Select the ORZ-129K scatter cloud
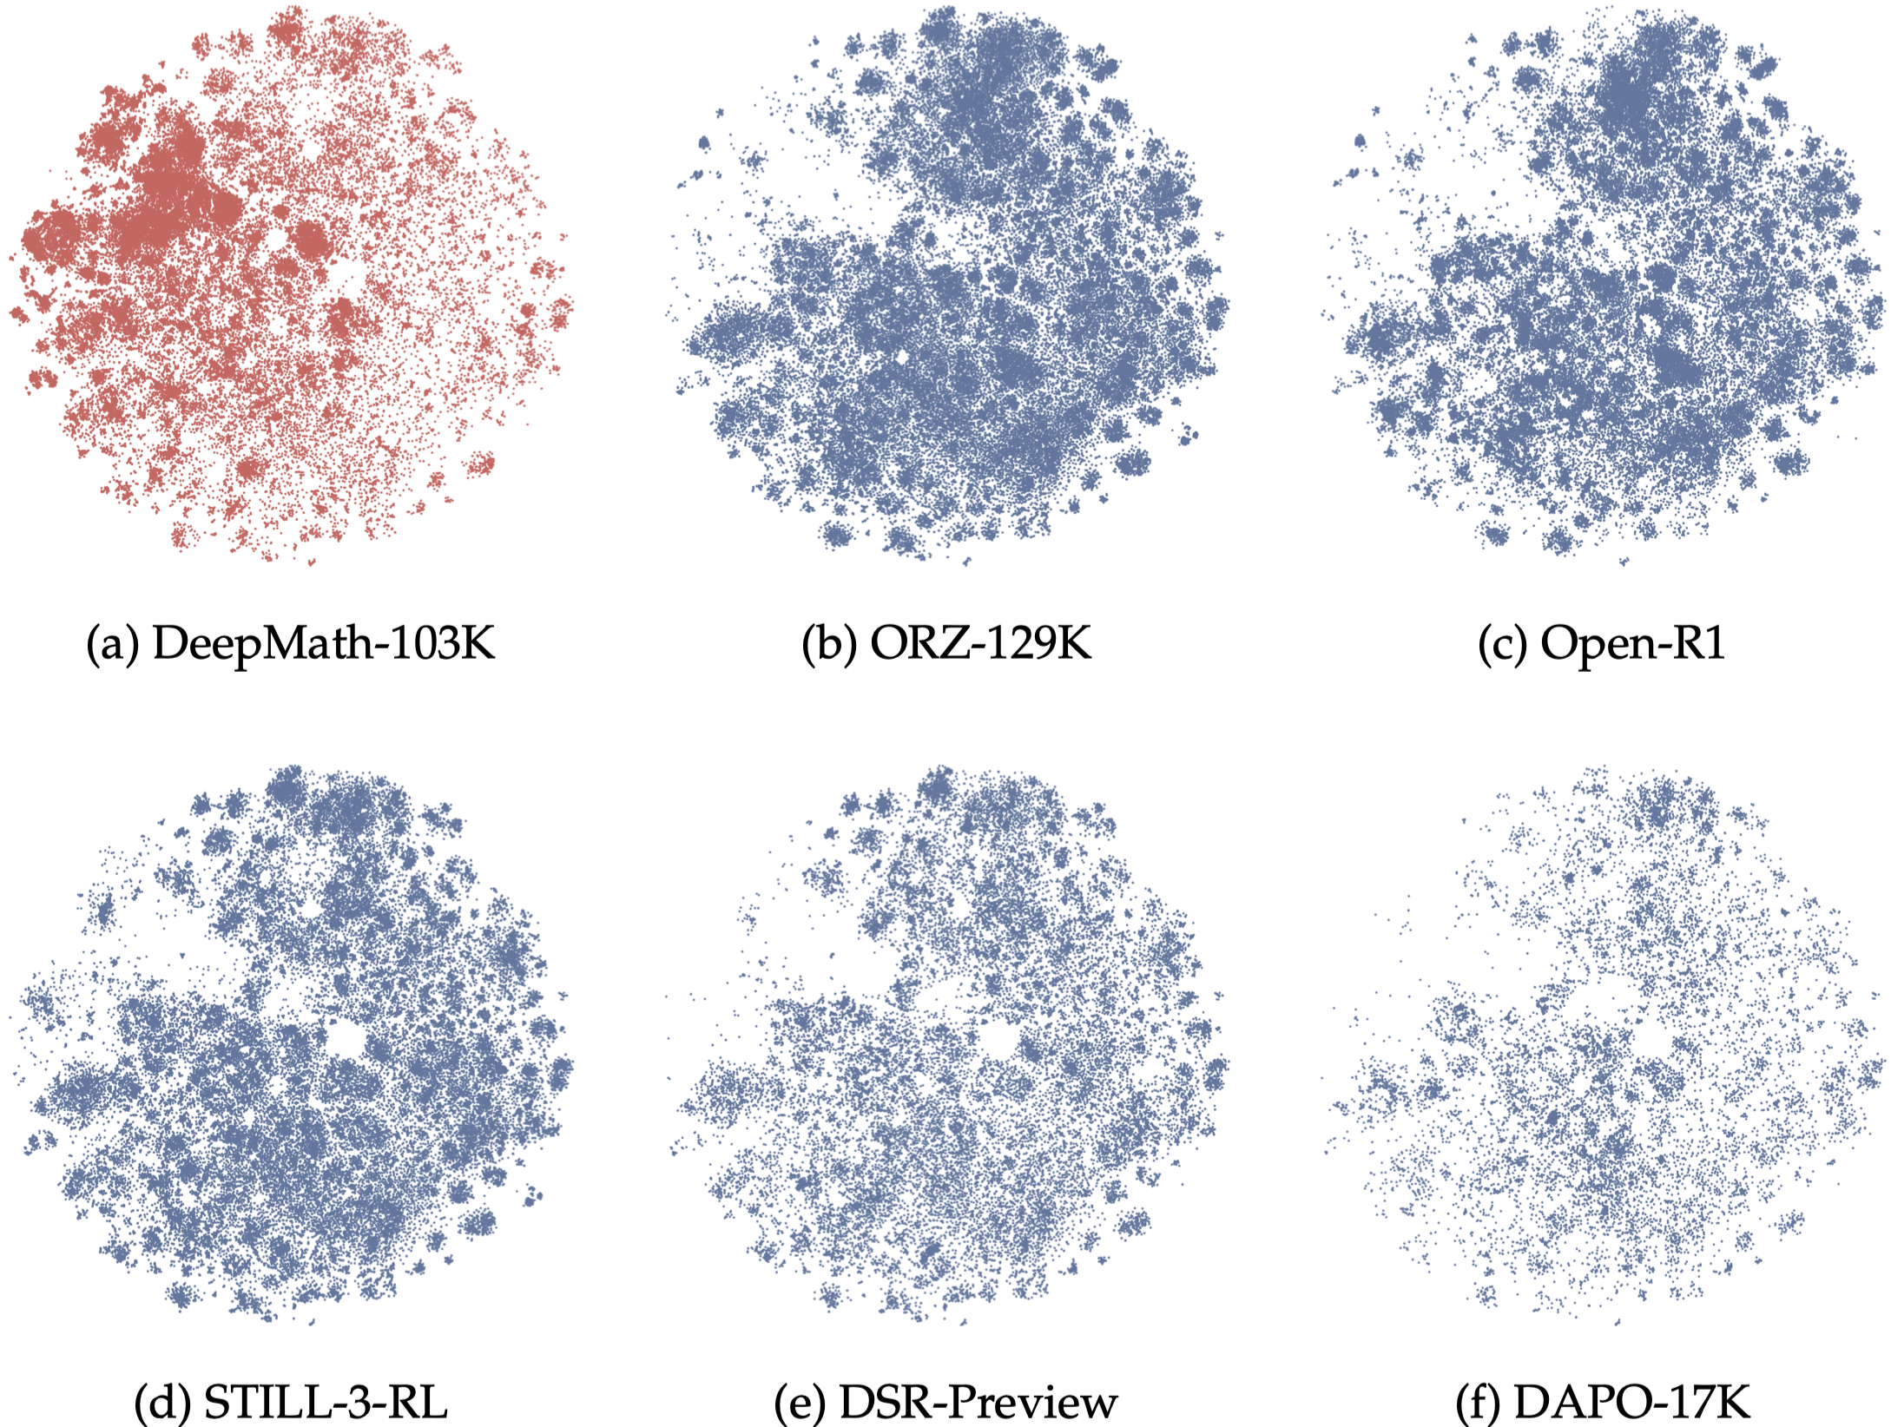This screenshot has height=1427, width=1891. (946, 286)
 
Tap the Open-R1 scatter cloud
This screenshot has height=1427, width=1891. (1606, 286)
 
